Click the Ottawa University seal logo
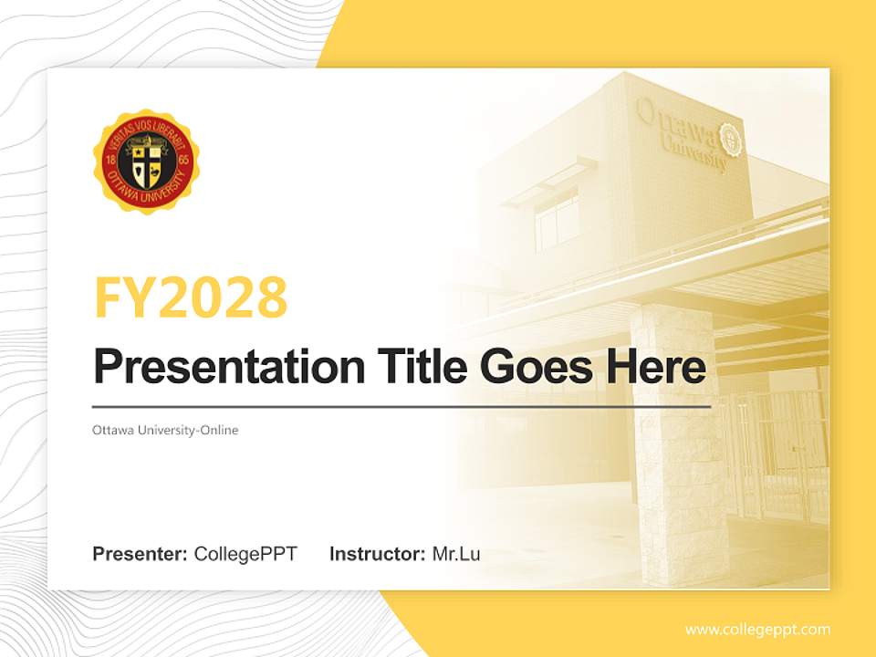point(146,162)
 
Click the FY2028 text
point(190,297)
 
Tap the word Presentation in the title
point(215,368)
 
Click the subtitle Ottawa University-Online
point(165,430)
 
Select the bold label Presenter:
point(140,554)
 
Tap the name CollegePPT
point(245,554)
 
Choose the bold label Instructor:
point(377,554)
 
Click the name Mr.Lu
point(456,554)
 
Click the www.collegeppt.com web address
point(757,630)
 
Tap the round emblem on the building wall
point(731,138)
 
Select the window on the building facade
point(556,219)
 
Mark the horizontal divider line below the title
point(401,406)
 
